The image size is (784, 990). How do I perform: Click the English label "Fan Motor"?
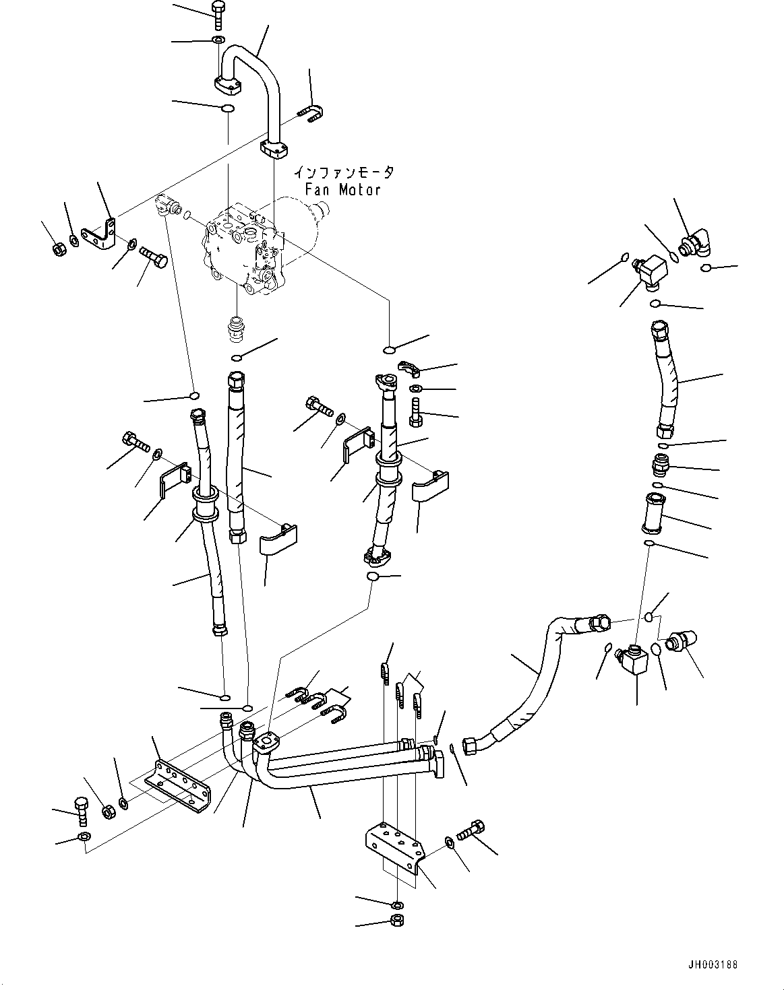click(x=342, y=189)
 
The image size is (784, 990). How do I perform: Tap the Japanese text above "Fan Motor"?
click(x=342, y=173)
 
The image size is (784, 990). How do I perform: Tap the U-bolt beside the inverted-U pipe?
click(x=311, y=116)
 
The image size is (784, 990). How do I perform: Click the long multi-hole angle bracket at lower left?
click(x=181, y=785)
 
